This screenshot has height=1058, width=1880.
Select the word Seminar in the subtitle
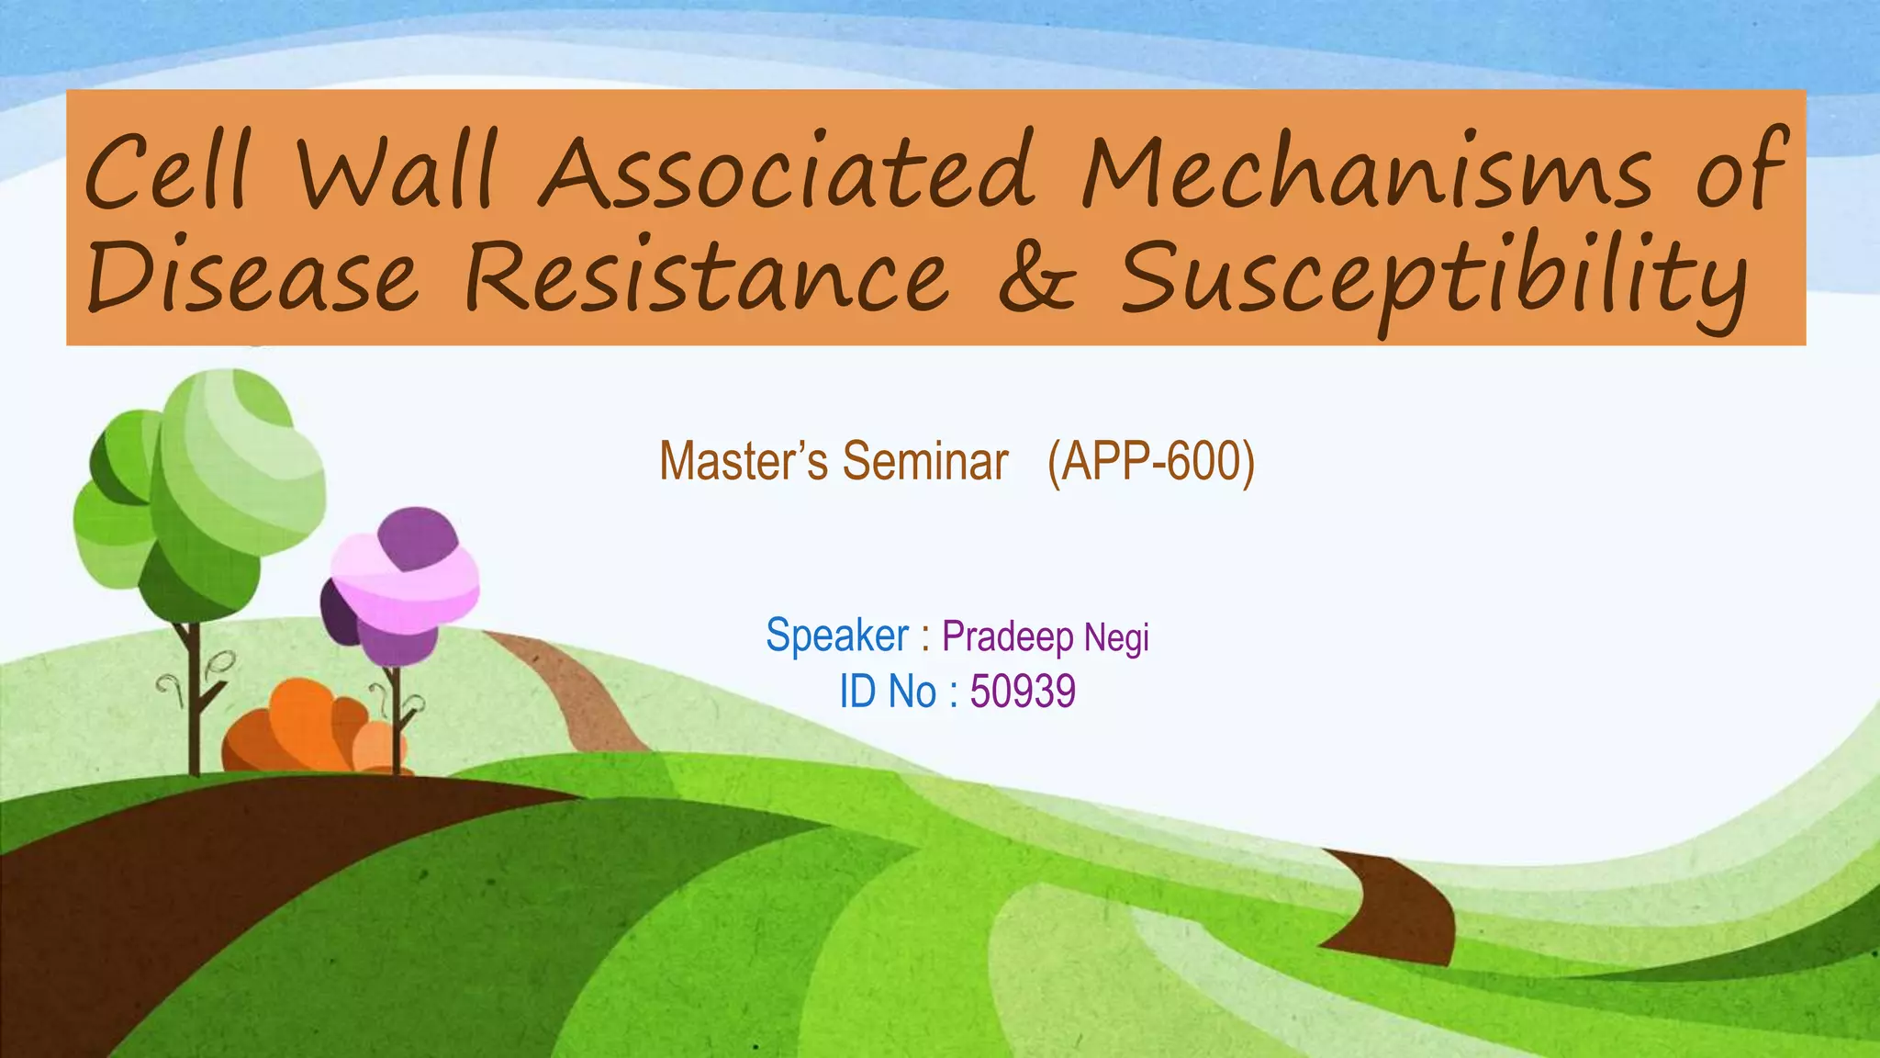(x=925, y=461)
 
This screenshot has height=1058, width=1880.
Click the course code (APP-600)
(x=1151, y=461)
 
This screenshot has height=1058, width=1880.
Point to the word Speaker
(x=837, y=636)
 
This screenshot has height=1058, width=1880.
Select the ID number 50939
(x=1023, y=692)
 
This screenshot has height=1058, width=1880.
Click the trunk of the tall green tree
(x=193, y=698)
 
